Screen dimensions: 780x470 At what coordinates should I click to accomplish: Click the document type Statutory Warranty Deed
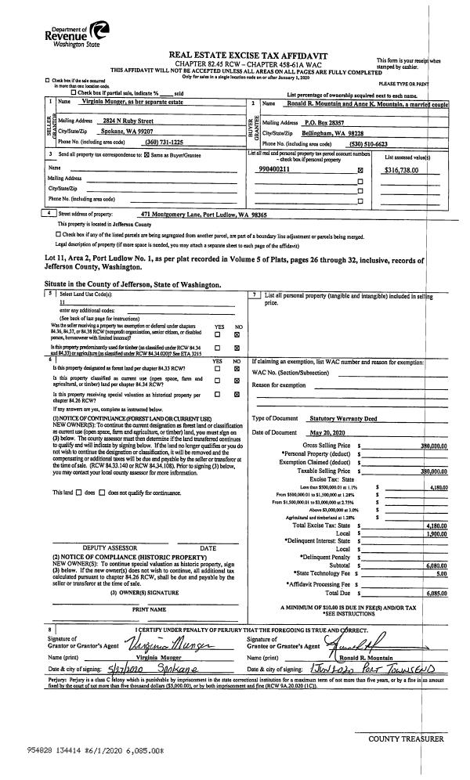tap(343, 419)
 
